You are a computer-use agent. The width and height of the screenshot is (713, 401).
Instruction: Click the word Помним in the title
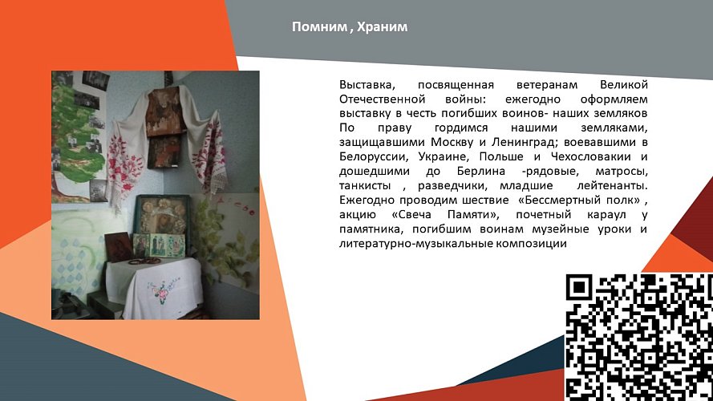tap(318, 28)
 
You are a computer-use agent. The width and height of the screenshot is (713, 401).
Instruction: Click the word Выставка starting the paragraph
tap(365, 85)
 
